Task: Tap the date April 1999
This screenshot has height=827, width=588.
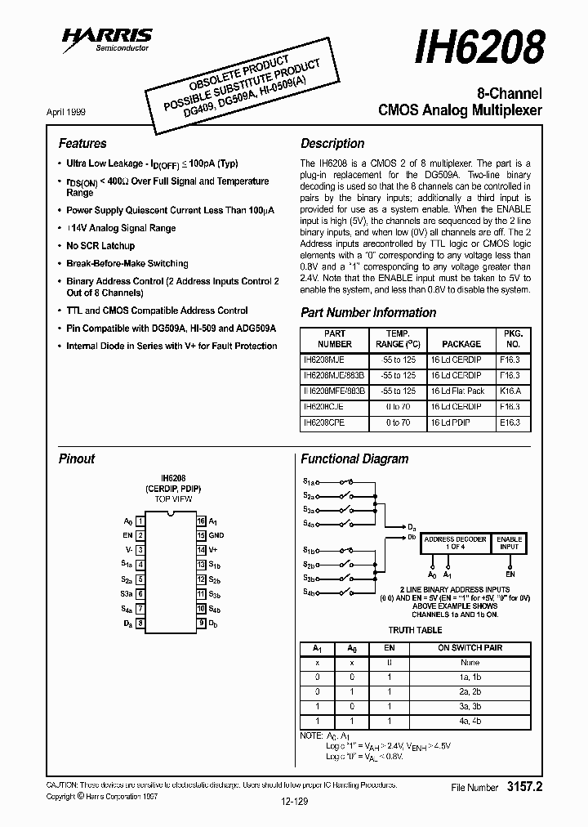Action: click(x=66, y=110)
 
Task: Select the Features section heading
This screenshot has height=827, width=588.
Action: click(x=82, y=143)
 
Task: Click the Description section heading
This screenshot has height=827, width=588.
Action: click(x=332, y=143)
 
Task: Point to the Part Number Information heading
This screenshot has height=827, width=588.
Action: click(x=368, y=312)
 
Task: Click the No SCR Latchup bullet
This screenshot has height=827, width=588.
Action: click(x=100, y=245)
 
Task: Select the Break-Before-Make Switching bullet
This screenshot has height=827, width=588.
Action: click(x=127, y=263)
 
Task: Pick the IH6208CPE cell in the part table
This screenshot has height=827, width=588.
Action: click(x=333, y=422)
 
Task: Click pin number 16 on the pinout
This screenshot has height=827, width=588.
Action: click(x=200, y=521)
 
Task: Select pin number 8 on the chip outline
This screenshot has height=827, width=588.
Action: click(x=140, y=623)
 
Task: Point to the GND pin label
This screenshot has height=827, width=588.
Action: click(x=216, y=535)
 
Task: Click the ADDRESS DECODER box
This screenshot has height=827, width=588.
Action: click(x=455, y=543)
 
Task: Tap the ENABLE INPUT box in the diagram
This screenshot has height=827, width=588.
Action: click(x=510, y=543)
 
